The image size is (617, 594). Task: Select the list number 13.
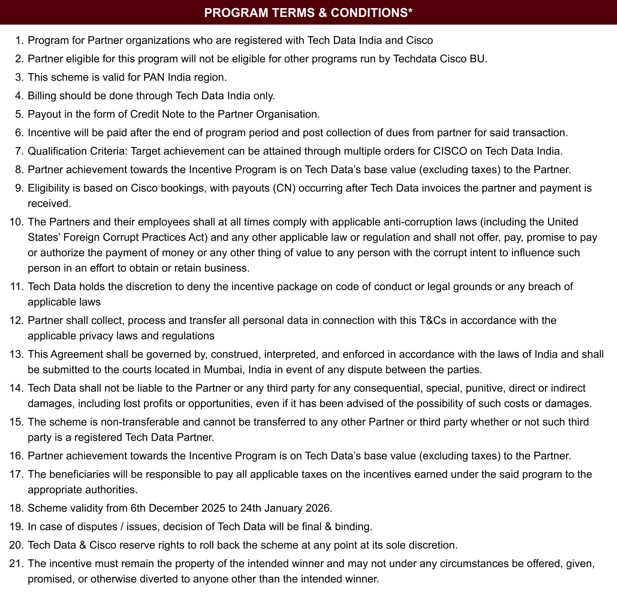click(17, 354)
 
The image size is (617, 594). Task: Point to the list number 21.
click(17, 564)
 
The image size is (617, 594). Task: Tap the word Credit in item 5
click(146, 114)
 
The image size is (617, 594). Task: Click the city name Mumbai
click(223, 370)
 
